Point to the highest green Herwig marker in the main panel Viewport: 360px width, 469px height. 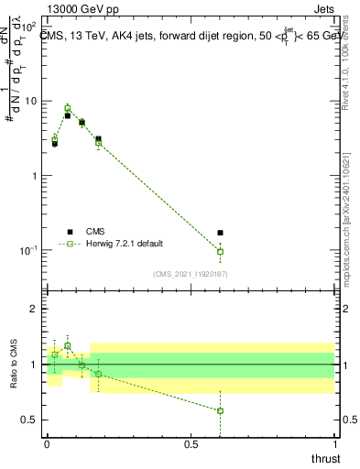(68, 109)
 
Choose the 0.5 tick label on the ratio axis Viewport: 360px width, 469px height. (30, 420)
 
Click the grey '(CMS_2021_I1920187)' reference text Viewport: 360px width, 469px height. (191, 273)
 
